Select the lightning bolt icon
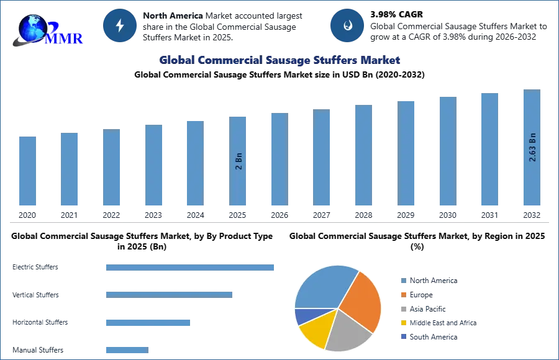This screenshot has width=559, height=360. coord(120,25)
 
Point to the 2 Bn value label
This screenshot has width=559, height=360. coord(239,160)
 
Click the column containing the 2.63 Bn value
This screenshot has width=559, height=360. coord(532,149)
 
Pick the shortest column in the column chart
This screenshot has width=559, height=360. coord(27,171)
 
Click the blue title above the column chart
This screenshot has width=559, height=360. coord(280,60)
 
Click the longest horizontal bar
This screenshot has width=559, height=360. coord(191,268)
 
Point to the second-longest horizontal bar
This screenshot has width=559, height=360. coord(169,293)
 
